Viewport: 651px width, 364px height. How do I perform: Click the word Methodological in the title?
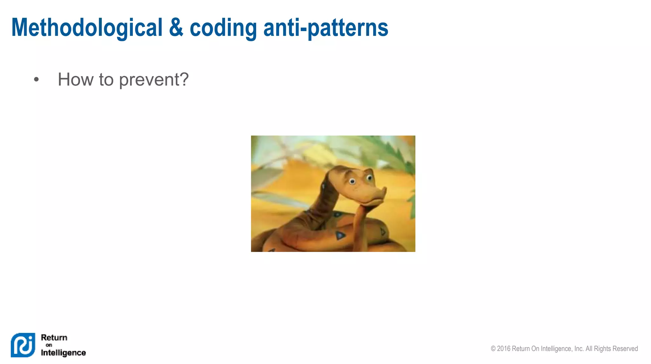point(87,28)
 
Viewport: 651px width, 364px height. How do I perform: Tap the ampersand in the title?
point(176,28)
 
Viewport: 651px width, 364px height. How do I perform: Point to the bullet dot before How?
point(36,80)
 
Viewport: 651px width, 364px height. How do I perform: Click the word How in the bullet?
point(76,79)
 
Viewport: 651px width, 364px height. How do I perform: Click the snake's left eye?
point(352,182)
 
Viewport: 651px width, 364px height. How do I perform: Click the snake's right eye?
point(370,178)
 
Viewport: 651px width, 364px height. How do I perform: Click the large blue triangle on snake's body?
point(340,235)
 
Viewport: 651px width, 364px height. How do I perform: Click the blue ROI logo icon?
point(23,345)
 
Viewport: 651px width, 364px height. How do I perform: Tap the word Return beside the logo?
point(54,337)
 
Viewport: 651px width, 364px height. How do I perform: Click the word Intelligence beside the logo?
point(63,353)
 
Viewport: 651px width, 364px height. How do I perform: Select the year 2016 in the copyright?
point(504,348)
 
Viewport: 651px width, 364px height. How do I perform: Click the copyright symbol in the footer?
point(493,348)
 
